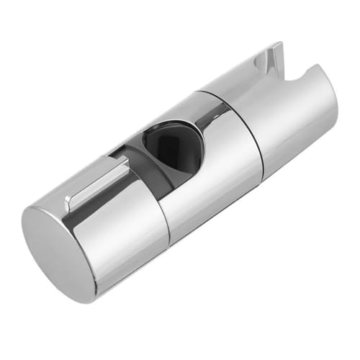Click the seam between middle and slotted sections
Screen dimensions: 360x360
pos(245,137)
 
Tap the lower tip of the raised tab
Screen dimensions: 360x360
pos(69,204)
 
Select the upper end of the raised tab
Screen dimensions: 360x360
pos(124,160)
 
